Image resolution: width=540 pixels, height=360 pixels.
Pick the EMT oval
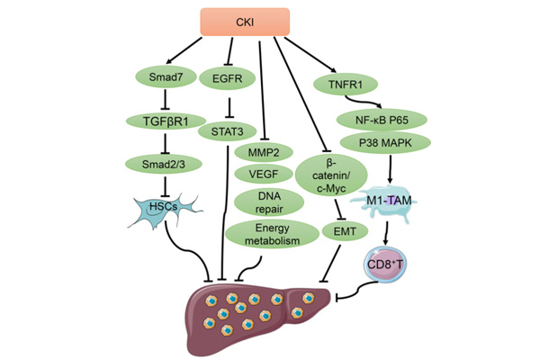(340, 229)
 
